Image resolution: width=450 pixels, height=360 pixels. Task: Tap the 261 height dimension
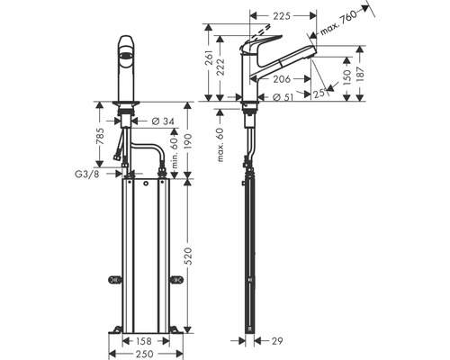(x=210, y=61)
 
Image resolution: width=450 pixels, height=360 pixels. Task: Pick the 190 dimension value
(x=187, y=141)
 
